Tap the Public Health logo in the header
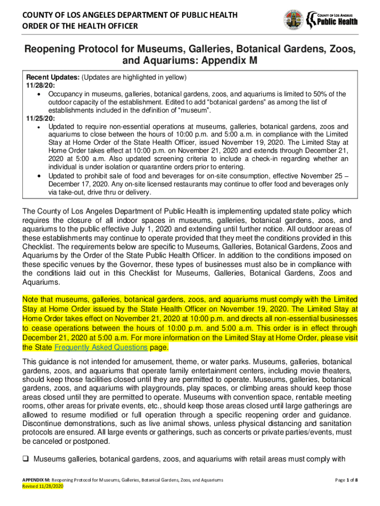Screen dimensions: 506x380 pyautogui.click(x=332, y=19)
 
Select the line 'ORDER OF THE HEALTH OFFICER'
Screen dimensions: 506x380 pyautogui.click(x=79, y=26)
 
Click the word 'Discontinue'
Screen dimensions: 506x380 pyautogui.click(x=43, y=424)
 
